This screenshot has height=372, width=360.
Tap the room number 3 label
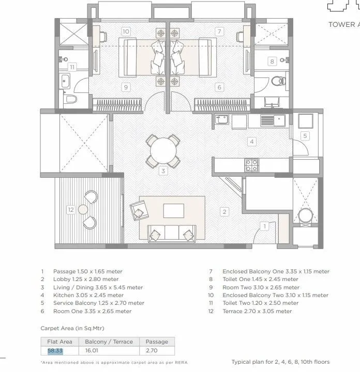tap(162, 171)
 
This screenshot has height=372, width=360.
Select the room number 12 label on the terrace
tap(71, 209)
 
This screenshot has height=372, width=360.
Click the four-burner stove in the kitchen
tap(251, 165)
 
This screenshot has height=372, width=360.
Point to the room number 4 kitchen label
tap(251, 141)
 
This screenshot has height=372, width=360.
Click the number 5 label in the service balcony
tap(305, 136)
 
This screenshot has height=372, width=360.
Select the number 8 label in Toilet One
tap(272, 61)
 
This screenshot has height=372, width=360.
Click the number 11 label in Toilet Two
tap(72, 67)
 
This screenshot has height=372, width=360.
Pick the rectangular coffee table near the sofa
tap(173, 211)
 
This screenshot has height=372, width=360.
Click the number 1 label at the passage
tap(264, 226)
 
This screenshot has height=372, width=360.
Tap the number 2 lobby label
tap(224, 211)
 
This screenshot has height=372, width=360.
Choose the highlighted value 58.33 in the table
tap(55, 351)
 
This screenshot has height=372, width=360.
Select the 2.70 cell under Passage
tap(153, 351)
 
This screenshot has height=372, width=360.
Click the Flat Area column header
tap(59, 342)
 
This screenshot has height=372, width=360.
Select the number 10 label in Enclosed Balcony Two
tap(126, 32)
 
